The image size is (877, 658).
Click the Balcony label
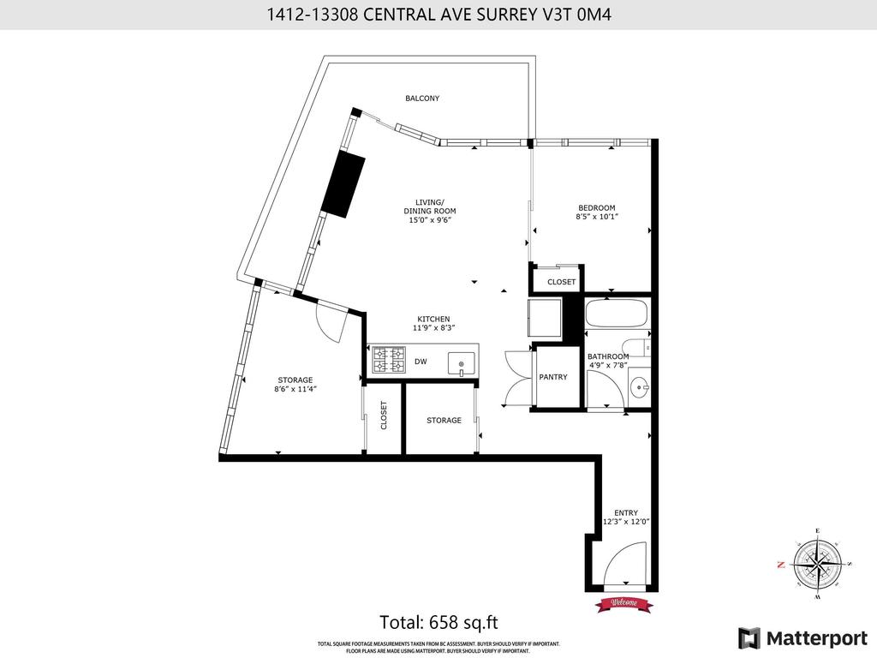tap(422, 99)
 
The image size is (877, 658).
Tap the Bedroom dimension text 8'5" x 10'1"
tap(596, 218)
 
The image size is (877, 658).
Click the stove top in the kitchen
tap(388, 361)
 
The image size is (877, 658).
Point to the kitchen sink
tap(462, 363)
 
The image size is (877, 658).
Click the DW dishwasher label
tap(421, 362)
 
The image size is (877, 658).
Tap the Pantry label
tap(553, 377)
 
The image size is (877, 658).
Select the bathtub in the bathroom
tap(616, 314)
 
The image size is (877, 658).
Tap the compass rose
tap(817, 565)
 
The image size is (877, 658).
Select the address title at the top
tap(438, 14)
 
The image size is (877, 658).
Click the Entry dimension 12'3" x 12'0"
tap(625, 522)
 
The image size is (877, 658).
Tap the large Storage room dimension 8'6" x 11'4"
tap(295, 389)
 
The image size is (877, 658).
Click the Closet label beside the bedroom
tap(562, 282)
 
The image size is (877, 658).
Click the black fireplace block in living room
tap(343, 185)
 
